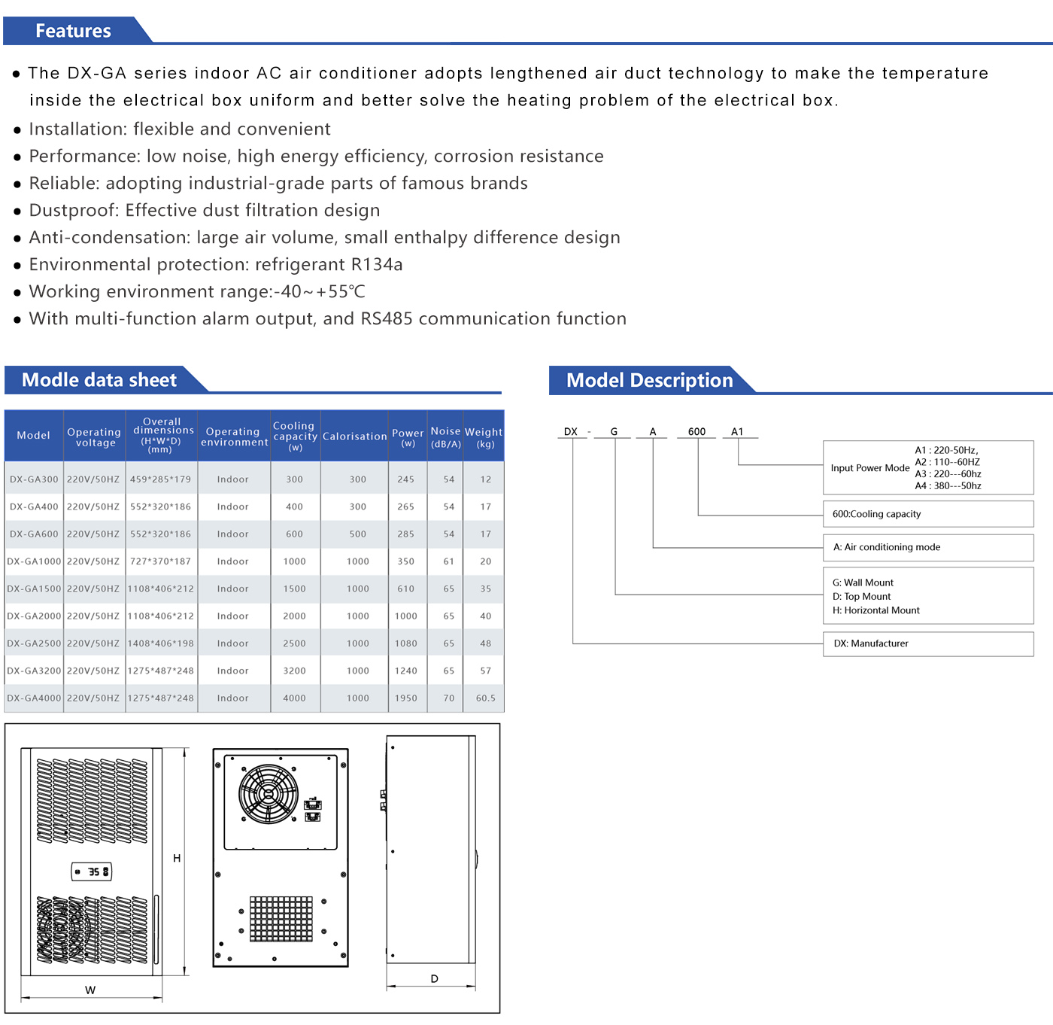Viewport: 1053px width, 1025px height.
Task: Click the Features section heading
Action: click(73, 31)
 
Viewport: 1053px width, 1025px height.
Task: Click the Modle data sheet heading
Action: click(99, 380)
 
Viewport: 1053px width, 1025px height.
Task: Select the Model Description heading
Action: click(649, 380)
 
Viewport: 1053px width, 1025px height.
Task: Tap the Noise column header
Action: click(445, 436)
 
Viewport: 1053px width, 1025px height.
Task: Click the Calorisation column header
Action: click(354, 436)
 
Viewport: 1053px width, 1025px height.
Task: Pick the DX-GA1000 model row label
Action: click(34, 561)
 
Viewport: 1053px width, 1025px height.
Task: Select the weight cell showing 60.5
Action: click(485, 698)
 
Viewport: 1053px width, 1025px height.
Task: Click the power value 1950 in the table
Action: click(406, 698)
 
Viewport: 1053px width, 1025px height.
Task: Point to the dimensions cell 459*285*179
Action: click(160, 479)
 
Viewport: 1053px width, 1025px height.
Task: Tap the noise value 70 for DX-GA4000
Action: click(449, 698)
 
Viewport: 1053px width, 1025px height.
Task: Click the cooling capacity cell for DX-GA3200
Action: click(294, 671)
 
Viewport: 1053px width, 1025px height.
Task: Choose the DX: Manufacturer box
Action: click(927, 643)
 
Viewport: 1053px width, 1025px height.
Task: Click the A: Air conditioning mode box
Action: click(927, 547)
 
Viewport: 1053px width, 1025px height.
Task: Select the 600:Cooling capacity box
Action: click(927, 514)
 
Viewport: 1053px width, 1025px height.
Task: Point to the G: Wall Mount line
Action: click(863, 582)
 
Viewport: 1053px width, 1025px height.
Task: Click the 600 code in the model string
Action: click(696, 432)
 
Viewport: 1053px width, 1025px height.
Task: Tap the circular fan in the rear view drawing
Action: click(269, 794)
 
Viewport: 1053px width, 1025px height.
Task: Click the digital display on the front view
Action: click(92, 871)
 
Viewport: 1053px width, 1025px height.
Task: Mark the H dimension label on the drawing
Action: click(177, 858)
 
